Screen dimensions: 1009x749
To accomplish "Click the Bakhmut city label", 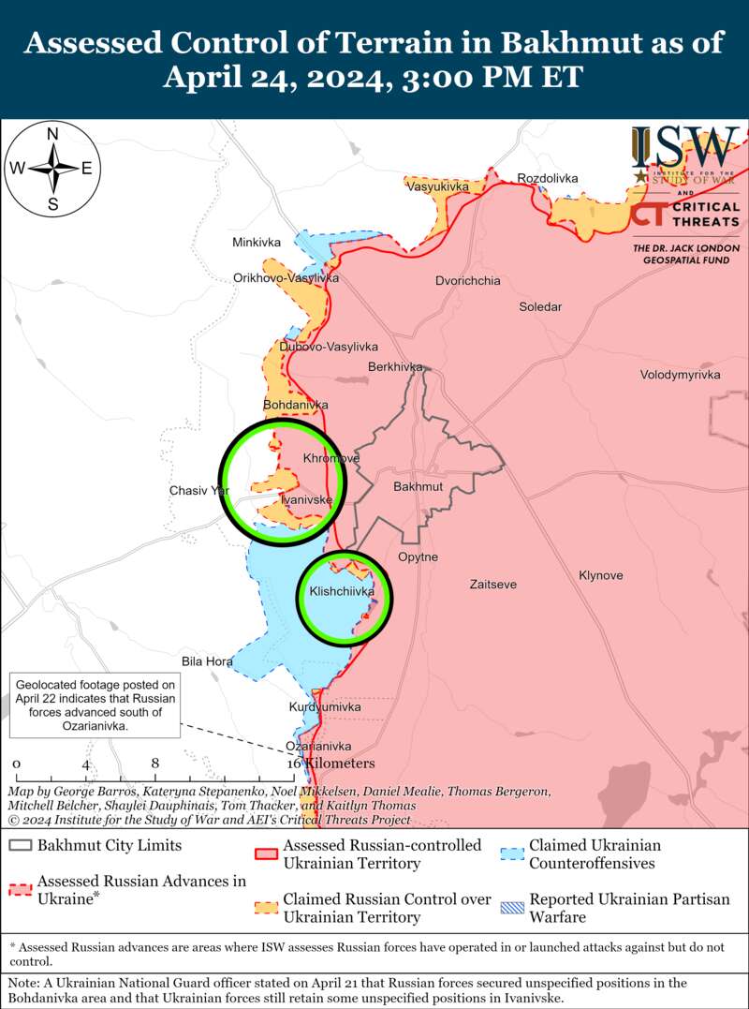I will tap(417, 487).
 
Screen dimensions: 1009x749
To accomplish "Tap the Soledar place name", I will tap(541, 307).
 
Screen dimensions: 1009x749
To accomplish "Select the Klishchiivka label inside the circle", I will tap(342, 592).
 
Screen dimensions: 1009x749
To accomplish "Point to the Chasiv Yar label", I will tap(198, 490).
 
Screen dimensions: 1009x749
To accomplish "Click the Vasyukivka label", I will tap(437, 187).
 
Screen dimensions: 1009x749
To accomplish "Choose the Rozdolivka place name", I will tap(548, 178).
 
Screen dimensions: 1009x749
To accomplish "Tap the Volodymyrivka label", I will tap(681, 375).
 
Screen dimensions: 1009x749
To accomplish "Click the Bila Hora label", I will tap(207, 661).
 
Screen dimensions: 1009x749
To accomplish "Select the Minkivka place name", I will tap(257, 243).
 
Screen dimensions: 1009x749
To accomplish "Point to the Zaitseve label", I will tap(492, 585).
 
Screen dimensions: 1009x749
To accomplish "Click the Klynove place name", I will tap(600, 575).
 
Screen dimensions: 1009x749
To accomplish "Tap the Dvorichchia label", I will tap(468, 281).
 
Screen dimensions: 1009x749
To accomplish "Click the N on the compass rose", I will tap(53, 134).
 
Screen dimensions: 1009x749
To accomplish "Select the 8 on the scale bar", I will tap(154, 764).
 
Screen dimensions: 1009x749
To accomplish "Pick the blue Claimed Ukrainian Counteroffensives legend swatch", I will tap(511, 853).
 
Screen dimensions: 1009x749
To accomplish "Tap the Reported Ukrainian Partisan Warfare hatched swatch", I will tap(511, 907).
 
